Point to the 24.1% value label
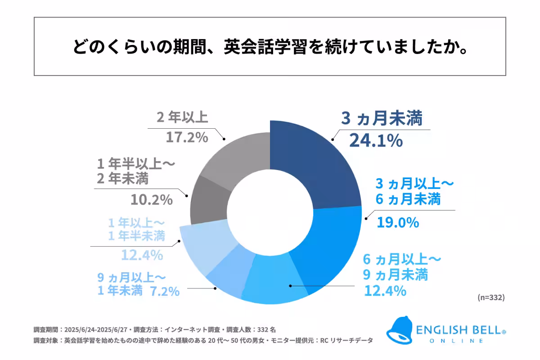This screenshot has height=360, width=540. [376, 141]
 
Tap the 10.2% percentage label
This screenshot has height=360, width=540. [152, 199]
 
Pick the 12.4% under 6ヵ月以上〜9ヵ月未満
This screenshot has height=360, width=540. [385, 291]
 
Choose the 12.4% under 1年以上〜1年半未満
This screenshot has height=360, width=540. [141, 256]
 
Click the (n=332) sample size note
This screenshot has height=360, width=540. [490, 297]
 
